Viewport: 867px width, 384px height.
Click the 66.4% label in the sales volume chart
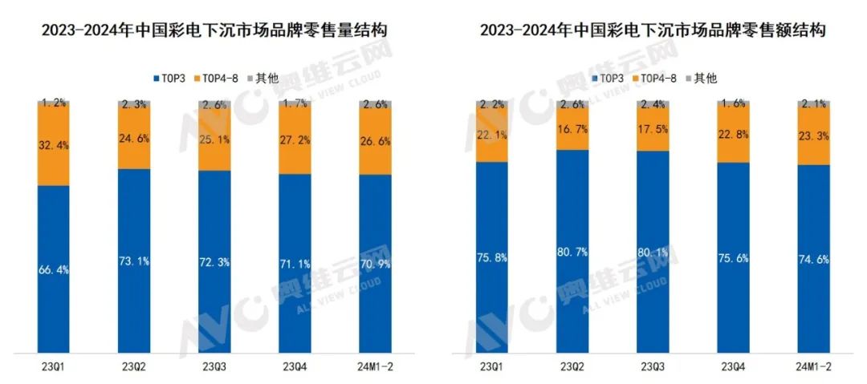(x=54, y=270)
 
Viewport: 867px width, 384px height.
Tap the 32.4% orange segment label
(x=54, y=147)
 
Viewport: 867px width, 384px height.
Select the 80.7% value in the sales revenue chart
(x=572, y=253)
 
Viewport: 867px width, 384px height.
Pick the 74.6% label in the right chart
(x=813, y=259)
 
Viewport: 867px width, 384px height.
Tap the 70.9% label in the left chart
(x=375, y=263)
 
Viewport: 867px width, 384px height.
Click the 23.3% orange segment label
(x=813, y=136)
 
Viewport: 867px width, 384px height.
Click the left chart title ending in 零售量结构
(x=214, y=30)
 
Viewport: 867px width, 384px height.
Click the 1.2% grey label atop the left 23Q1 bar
(x=54, y=103)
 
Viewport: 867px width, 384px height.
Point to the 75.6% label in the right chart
(x=733, y=257)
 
